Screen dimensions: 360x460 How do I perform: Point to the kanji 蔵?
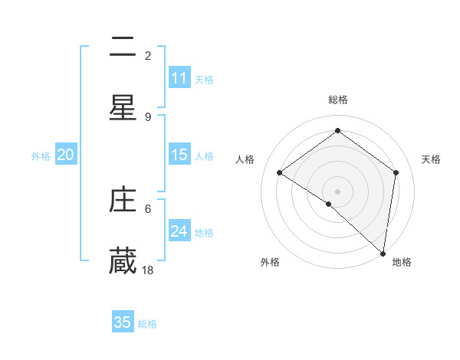(123, 260)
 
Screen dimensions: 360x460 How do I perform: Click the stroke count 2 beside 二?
(148, 55)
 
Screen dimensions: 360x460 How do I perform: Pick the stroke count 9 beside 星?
(148, 116)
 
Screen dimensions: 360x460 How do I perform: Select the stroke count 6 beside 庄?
(148, 208)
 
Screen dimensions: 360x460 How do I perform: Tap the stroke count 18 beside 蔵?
(148, 270)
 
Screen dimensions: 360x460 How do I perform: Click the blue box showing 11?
(179, 78)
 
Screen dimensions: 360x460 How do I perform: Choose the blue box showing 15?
(179, 155)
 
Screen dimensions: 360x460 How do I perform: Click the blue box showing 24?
(179, 231)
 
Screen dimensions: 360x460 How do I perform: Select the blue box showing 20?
(66, 155)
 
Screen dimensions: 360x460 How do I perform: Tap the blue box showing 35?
(123, 322)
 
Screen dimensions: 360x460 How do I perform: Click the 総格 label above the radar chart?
(337, 100)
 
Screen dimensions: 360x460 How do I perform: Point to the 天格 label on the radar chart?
(431, 159)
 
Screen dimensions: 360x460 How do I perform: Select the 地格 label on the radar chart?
(402, 262)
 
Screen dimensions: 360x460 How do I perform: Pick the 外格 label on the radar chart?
(270, 262)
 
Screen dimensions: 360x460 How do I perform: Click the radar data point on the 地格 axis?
(383, 252)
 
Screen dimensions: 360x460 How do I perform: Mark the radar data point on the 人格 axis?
(280, 173)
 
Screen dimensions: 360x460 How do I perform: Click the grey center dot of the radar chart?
(337, 191)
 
